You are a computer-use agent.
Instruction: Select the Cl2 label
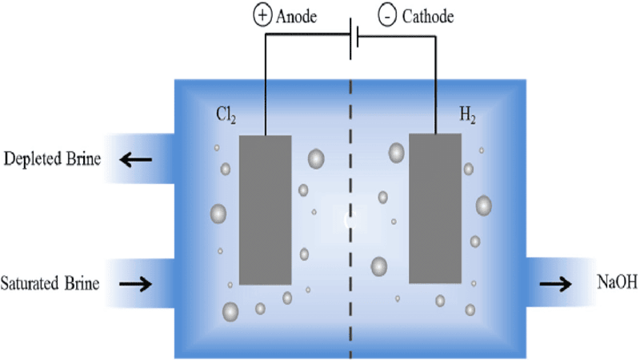click(226, 114)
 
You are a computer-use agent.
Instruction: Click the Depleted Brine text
click(53, 158)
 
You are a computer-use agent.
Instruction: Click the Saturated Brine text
click(50, 283)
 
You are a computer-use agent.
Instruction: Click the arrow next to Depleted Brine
click(135, 159)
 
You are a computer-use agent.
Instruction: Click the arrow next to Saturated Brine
click(135, 283)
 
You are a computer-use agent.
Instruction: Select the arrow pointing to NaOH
click(555, 283)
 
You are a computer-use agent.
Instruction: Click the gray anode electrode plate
click(265, 210)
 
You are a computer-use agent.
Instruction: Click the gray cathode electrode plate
click(434, 208)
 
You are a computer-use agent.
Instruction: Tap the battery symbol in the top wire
click(353, 39)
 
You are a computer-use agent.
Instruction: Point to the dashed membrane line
click(350, 240)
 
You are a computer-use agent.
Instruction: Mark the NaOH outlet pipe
click(552, 283)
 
